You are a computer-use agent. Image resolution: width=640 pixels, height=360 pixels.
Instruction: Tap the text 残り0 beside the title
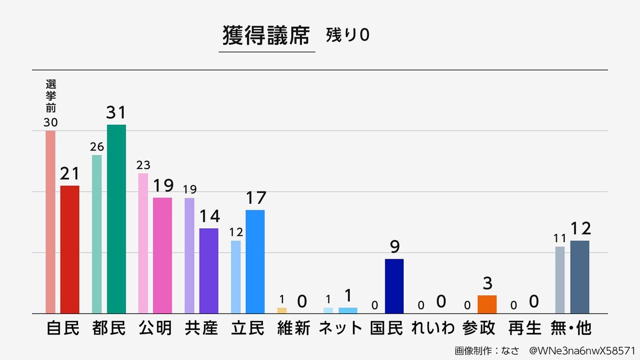pyautogui.click(x=347, y=35)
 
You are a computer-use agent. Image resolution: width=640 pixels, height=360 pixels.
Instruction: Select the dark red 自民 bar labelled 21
pyautogui.click(x=70, y=249)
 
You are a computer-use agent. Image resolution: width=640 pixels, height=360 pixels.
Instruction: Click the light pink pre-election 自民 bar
pyautogui.click(x=51, y=221)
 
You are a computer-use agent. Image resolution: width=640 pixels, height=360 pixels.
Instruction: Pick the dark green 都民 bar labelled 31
pyautogui.click(x=116, y=219)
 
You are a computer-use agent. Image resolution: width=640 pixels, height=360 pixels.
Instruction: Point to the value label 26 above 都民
pyautogui.click(x=97, y=147)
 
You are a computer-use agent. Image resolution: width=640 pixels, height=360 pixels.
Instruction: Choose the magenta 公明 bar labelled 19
pyautogui.click(x=163, y=255)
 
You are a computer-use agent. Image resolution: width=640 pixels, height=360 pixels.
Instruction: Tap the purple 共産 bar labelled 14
pyautogui.click(x=209, y=270)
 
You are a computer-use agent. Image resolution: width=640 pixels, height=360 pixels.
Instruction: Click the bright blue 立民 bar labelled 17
pyautogui.click(x=255, y=261)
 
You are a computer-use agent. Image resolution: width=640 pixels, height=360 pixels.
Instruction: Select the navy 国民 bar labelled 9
pyautogui.click(x=394, y=286)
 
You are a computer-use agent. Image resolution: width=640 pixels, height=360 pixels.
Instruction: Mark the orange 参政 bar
pyautogui.click(x=487, y=304)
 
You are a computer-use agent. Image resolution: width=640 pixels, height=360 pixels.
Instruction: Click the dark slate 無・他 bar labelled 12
pyautogui.click(x=580, y=277)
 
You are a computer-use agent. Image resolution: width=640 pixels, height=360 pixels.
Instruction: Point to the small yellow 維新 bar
pyautogui.click(x=282, y=310)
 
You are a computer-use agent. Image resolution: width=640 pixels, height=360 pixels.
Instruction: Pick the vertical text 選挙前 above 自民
pyautogui.click(x=51, y=96)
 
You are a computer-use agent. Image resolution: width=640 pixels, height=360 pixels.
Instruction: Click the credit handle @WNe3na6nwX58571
pyautogui.click(x=581, y=351)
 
